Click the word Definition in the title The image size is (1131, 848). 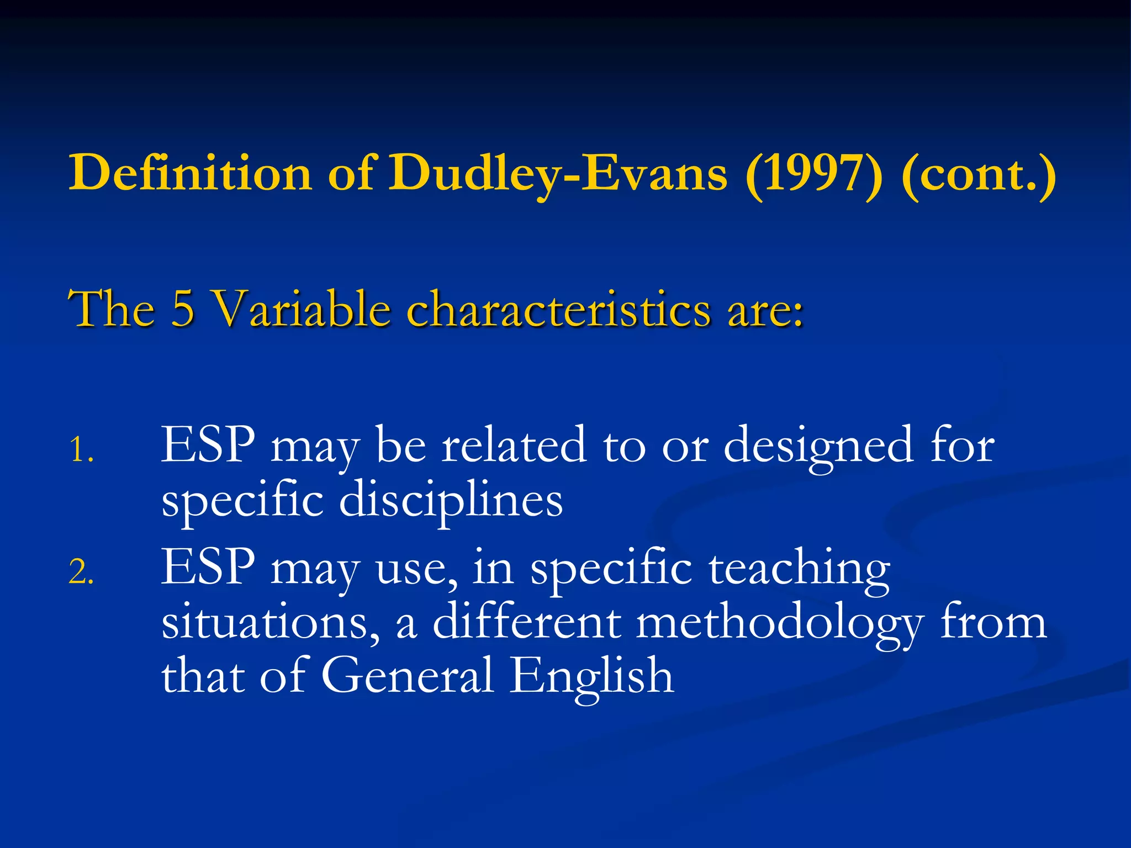[x=190, y=173]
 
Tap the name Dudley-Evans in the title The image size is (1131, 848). [x=558, y=173]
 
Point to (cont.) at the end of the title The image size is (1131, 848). [x=978, y=173]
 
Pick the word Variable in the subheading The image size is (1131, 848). [x=303, y=309]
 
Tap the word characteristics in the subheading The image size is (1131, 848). [x=558, y=309]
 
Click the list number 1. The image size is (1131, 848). [x=81, y=449]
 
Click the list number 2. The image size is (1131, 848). [x=81, y=572]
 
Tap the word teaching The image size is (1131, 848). [x=799, y=569]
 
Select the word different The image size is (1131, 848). [x=526, y=623]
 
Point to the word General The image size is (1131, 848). [x=407, y=676]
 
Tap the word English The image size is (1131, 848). [x=591, y=677]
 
